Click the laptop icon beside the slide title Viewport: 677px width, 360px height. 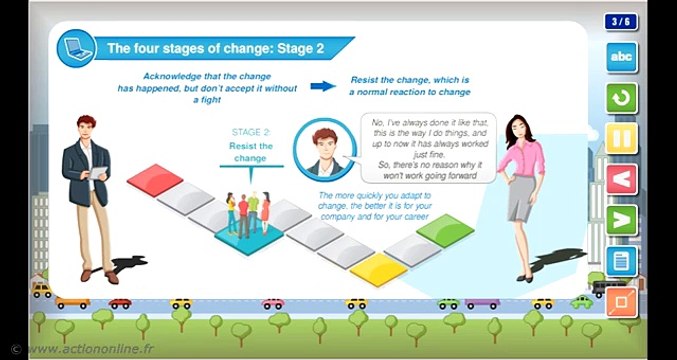pos(73,45)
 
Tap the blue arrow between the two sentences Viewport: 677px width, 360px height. pos(322,86)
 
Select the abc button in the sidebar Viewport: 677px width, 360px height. pos(622,57)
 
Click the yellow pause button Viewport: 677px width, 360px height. pos(622,137)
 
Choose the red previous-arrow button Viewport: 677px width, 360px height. pos(622,179)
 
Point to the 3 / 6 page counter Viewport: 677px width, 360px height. pos(621,20)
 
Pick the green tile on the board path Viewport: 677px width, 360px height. pos(444,228)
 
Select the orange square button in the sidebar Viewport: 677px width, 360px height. pos(622,300)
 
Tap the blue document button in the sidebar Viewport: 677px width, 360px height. pos(622,260)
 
